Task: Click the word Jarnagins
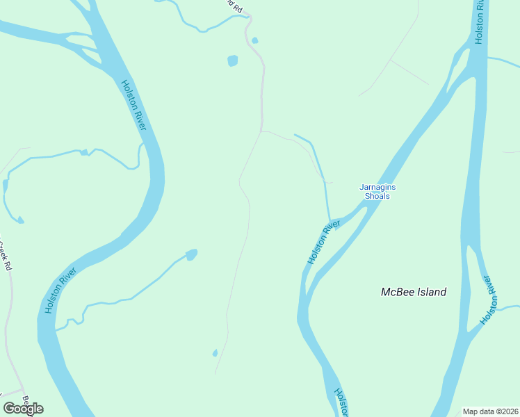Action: pyautogui.click(x=377, y=187)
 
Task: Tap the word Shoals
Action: pyautogui.click(x=377, y=196)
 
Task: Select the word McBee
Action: pyautogui.click(x=398, y=292)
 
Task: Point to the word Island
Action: pyautogui.click(x=431, y=292)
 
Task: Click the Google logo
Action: pyautogui.click(x=23, y=409)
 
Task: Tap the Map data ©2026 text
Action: pyautogui.click(x=489, y=411)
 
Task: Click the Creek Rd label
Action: pyautogui.click(x=6, y=255)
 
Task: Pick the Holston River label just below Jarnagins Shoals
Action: pyautogui.click(x=323, y=242)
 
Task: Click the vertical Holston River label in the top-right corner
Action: pyautogui.click(x=479, y=22)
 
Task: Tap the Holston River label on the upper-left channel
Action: pyautogui.click(x=133, y=105)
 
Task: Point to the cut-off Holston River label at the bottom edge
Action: pyautogui.click(x=341, y=402)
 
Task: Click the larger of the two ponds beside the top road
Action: pyautogui.click(x=232, y=60)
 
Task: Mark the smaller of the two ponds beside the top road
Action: pyautogui.click(x=254, y=40)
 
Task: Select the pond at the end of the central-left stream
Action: pyautogui.click(x=191, y=254)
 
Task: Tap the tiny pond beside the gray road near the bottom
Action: pyautogui.click(x=215, y=353)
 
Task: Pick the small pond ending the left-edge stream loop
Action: pyautogui.click(x=20, y=220)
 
